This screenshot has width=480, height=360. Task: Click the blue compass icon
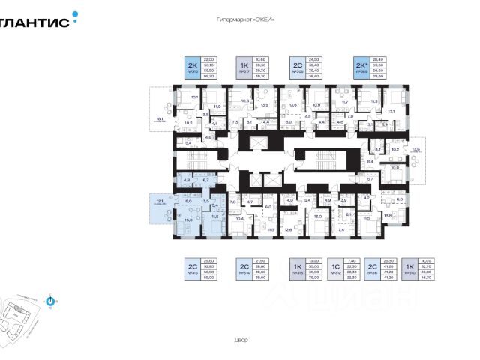point(50,301)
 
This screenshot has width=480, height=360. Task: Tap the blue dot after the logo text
point(74,13)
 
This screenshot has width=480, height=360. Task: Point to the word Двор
point(240,340)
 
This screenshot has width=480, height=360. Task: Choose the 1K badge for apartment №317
point(244,67)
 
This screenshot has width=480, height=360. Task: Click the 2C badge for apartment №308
point(295,67)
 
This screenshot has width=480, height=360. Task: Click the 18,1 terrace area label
point(159,118)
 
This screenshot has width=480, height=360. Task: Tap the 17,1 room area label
point(390,111)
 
